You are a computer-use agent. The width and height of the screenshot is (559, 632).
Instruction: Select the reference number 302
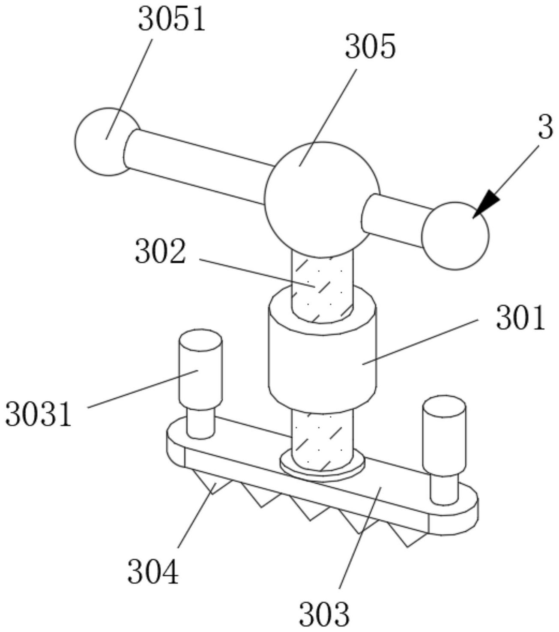[x=160, y=252]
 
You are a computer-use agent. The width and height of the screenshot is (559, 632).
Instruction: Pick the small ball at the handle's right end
[x=455, y=236]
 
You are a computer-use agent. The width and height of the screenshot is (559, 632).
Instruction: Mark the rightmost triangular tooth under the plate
[x=409, y=538]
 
